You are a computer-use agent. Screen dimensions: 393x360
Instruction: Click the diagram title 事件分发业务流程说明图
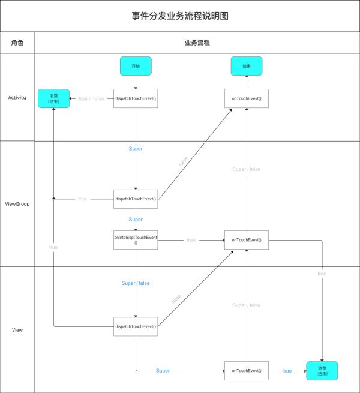pos(180,16)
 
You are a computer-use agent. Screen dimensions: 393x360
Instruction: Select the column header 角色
pos(17,43)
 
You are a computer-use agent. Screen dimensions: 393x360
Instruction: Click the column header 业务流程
pos(197,43)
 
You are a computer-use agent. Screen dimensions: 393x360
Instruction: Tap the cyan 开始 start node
pos(136,66)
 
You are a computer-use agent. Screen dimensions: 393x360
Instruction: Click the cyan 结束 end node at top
pos(247,66)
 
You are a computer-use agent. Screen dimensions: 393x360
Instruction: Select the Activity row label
pos(17,98)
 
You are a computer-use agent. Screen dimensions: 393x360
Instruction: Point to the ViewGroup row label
pos(17,204)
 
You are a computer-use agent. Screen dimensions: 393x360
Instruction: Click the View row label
pos(17,330)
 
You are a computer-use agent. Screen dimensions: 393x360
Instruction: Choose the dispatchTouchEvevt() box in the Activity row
pos(136,98)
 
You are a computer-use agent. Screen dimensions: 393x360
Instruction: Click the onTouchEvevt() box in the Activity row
pos(247,98)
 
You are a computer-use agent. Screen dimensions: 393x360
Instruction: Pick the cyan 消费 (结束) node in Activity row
pos(53,98)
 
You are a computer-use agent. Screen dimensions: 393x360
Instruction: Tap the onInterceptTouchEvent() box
pos(136,240)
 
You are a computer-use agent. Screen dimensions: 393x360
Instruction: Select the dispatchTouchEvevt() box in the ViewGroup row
pos(136,199)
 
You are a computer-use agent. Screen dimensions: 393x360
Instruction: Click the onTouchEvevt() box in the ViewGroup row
pos(247,240)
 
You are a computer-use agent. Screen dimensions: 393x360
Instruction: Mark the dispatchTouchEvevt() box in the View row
pos(136,326)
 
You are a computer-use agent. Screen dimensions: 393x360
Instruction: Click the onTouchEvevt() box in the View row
pos(247,371)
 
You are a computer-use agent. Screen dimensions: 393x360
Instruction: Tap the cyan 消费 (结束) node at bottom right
pos(322,371)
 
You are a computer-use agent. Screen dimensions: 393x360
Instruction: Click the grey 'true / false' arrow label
pos(91,98)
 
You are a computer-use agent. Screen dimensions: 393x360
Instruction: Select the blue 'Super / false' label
pos(136,283)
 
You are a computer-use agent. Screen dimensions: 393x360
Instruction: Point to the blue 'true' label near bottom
pos(287,371)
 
